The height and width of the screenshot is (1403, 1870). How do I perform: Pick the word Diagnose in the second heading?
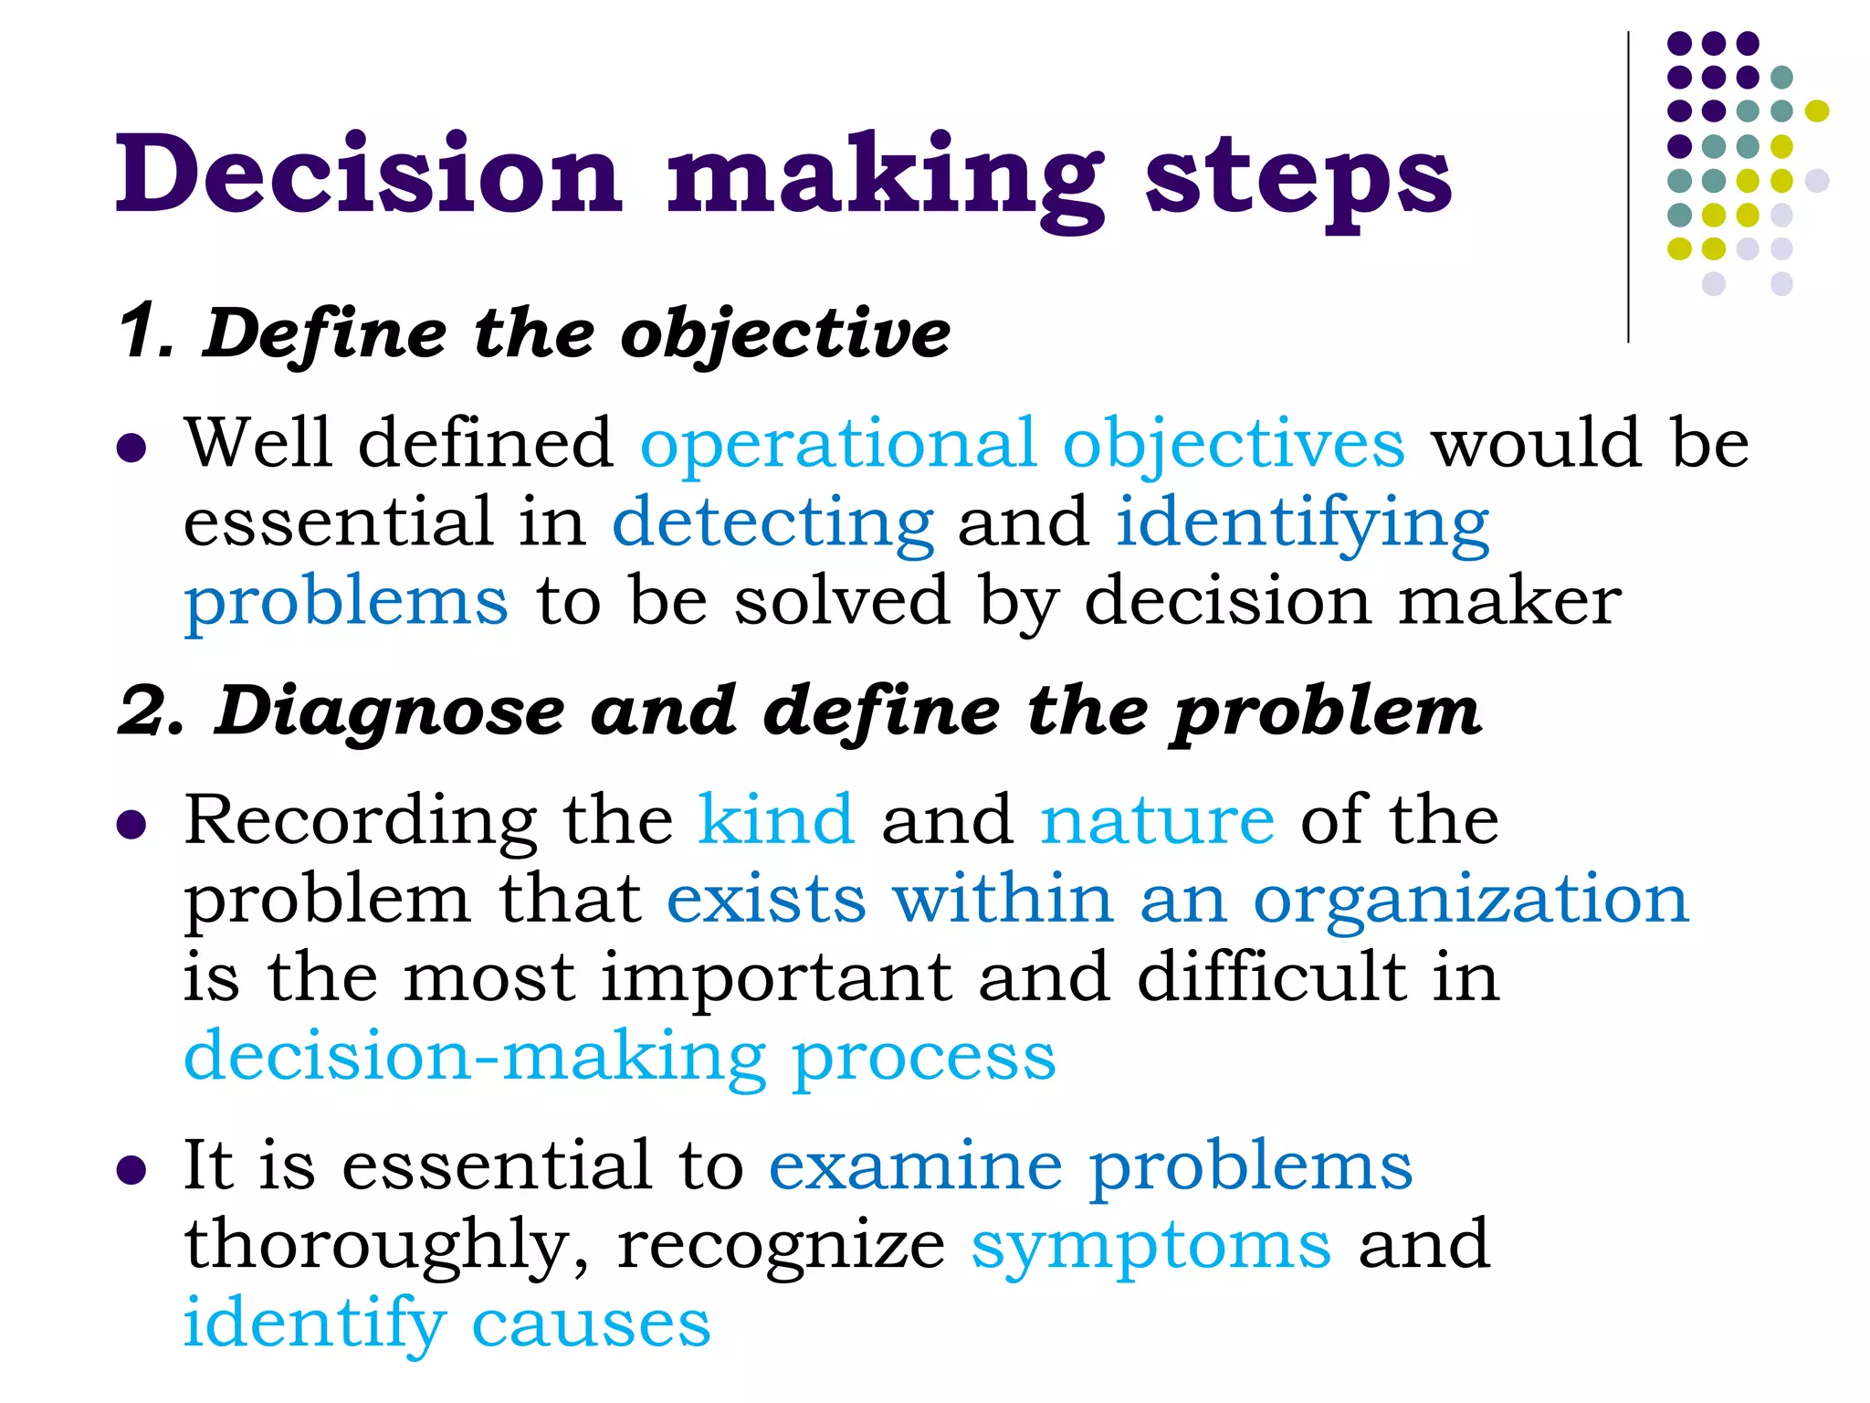point(390,712)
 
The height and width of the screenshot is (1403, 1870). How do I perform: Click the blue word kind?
point(776,819)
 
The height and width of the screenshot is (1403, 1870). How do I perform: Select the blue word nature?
point(1157,821)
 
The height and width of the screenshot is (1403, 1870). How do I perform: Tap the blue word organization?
point(1470,901)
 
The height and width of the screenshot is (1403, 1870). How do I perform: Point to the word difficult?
point(1272,977)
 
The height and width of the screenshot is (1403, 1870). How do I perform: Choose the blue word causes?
point(591,1324)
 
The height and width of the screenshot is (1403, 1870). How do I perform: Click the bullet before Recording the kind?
point(132,825)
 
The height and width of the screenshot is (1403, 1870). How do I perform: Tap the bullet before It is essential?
point(132,1170)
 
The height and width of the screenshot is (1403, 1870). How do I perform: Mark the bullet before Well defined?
point(132,448)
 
